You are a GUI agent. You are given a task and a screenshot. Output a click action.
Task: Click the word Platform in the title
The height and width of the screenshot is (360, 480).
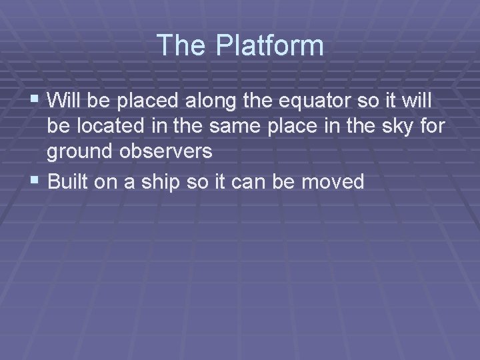[x=269, y=45]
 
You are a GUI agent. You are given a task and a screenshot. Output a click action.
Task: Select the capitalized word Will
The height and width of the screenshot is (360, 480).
[x=64, y=101]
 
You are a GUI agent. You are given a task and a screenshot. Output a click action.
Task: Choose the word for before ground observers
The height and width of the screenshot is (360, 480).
[x=430, y=127]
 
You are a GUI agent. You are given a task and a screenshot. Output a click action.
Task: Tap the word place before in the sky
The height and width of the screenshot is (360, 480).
[x=294, y=127]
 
